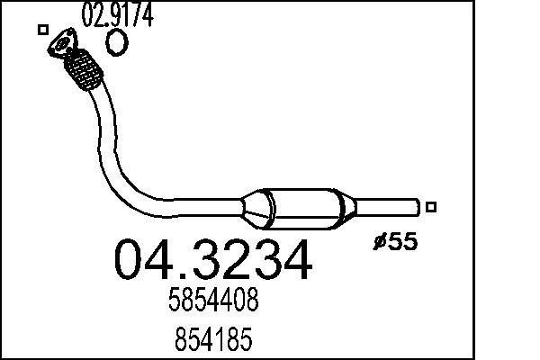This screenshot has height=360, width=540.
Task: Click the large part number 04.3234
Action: [213, 260]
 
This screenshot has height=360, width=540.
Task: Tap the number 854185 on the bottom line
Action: [213, 341]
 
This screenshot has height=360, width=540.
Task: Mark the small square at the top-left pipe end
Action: [42, 30]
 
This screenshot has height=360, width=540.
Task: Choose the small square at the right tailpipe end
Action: [431, 207]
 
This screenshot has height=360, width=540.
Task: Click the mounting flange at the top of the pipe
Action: [64, 45]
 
